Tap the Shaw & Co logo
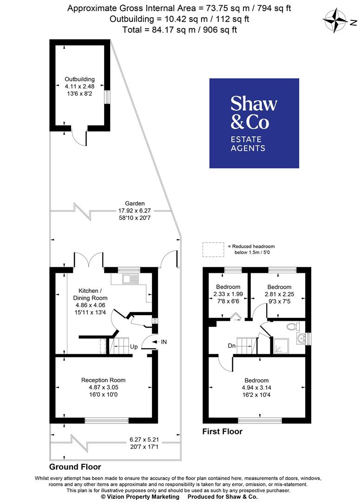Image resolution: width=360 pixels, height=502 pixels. tap(254, 123)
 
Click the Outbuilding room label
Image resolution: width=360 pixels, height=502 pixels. tap(80, 86)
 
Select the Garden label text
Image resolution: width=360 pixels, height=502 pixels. tap(135, 210)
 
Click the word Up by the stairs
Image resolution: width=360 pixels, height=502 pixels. tap(133, 347)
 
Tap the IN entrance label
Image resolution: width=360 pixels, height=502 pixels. tap(164, 342)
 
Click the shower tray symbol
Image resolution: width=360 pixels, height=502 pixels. tap(281, 345)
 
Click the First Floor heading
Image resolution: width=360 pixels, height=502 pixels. tap(222, 431)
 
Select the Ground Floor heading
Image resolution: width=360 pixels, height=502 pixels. tap(75, 467)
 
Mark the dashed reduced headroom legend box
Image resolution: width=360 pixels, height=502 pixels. tap(212, 249)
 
